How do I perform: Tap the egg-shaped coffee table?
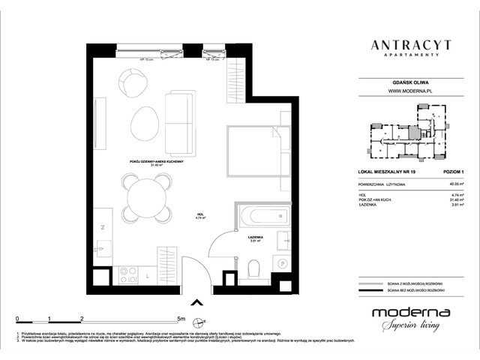(144, 120)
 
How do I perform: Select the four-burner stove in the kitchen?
(128, 274)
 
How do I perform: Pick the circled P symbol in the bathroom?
(283, 262)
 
